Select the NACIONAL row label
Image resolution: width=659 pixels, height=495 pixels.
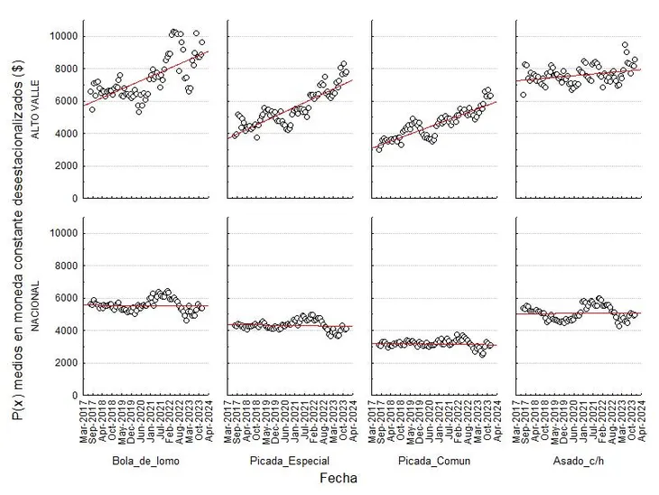36,307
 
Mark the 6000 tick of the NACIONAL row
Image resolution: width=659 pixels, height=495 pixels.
62,298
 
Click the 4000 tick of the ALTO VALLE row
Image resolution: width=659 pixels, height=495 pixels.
62,134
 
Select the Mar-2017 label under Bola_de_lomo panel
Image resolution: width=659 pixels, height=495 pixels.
87,421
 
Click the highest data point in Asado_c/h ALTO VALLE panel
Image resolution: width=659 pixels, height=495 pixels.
625,44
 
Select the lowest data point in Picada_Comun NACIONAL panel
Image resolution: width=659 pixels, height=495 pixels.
482,354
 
